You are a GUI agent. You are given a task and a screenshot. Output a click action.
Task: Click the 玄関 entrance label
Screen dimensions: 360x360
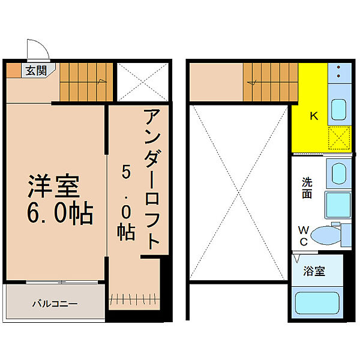[x=36, y=70]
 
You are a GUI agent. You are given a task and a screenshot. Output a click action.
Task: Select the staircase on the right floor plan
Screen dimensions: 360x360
[x=270, y=83]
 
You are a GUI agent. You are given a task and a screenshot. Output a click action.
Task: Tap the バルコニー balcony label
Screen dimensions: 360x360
[x=55, y=304]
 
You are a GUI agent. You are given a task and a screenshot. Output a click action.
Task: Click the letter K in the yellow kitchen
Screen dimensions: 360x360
[x=313, y=116]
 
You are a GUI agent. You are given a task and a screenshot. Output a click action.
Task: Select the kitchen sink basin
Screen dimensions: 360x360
[x=338, y=109]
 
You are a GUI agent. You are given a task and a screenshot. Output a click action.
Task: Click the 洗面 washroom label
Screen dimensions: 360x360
[x=307, y=188]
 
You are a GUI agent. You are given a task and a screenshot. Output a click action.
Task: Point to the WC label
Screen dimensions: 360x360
[x=304, y=235]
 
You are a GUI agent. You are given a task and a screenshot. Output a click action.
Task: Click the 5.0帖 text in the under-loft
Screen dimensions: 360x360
[x=126, y=204]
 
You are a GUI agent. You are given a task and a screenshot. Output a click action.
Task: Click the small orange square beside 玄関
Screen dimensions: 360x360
[x=13, y=70]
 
